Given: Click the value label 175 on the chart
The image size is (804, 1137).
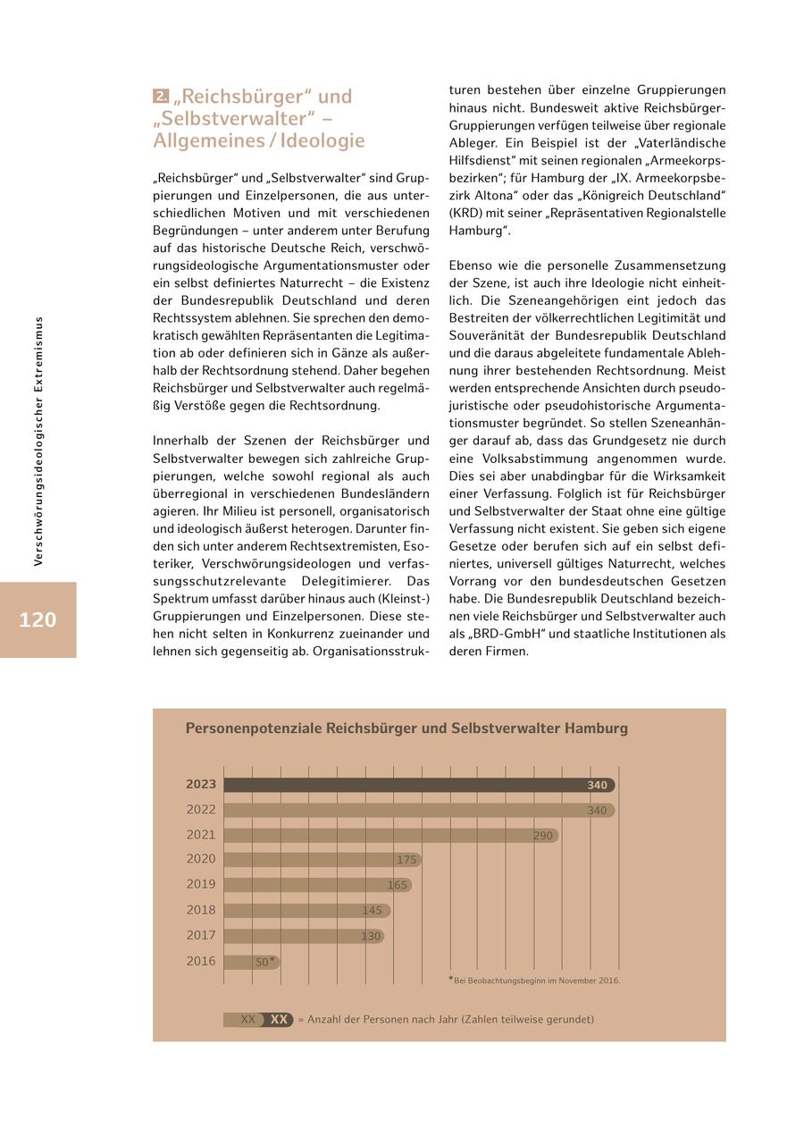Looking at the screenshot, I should click(x=406, y=860).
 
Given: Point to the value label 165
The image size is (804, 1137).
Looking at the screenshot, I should click(x=398, y=885).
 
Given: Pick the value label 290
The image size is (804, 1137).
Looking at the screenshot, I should click(x=543, y=836).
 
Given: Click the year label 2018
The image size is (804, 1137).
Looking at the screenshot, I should click(x=201, y=910).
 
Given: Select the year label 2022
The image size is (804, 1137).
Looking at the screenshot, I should click(x=201, y=810).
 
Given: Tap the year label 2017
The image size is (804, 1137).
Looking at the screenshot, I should click(x=201, y=935).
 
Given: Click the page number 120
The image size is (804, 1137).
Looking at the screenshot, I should click(x=38, y=619).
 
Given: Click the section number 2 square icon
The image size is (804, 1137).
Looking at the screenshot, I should click(x=161, y=96).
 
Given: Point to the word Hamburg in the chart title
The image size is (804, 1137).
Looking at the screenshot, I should click(x=596, y=729).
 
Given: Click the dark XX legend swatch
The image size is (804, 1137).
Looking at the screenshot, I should click(x=280, y=1019).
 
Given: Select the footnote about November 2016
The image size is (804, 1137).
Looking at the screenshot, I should click(x=536, y=981).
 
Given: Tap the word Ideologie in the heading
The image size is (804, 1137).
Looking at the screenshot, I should click(x=322, y=140).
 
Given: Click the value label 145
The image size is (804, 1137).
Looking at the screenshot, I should click(x=372, y=910).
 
